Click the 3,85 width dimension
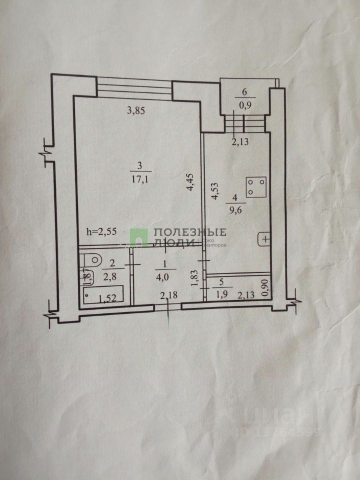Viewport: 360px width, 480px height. pyautogui.click(x=136, y=111)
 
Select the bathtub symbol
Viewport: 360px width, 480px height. pyautogui.click(x=103, y=295)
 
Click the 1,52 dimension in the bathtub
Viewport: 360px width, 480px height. pyautogui.click(x=107, y=298)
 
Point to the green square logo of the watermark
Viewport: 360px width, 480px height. pyautogui.click(x=139, y=237)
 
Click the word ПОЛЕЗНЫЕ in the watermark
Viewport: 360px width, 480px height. pyautogui.click(x=189, y=232)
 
